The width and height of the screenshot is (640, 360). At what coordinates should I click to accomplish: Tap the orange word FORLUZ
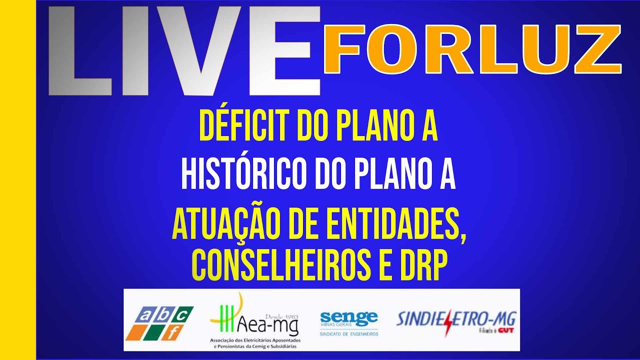tap(471, 48)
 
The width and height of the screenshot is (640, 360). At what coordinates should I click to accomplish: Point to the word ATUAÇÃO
tap(227, 225)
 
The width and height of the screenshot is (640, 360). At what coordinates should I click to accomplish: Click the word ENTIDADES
tap(403, 225)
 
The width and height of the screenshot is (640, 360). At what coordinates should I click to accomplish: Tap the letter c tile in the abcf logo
tap(183, 314)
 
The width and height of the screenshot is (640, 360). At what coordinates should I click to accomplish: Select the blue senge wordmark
tap(349, 317)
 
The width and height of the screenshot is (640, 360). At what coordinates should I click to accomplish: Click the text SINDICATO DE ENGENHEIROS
tap(349, 333)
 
